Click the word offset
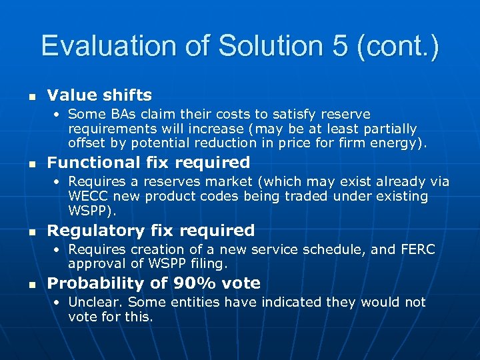click(x=87, y=143)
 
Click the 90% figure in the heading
click(x=194, y=283)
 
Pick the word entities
click(x=199, y=303)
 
